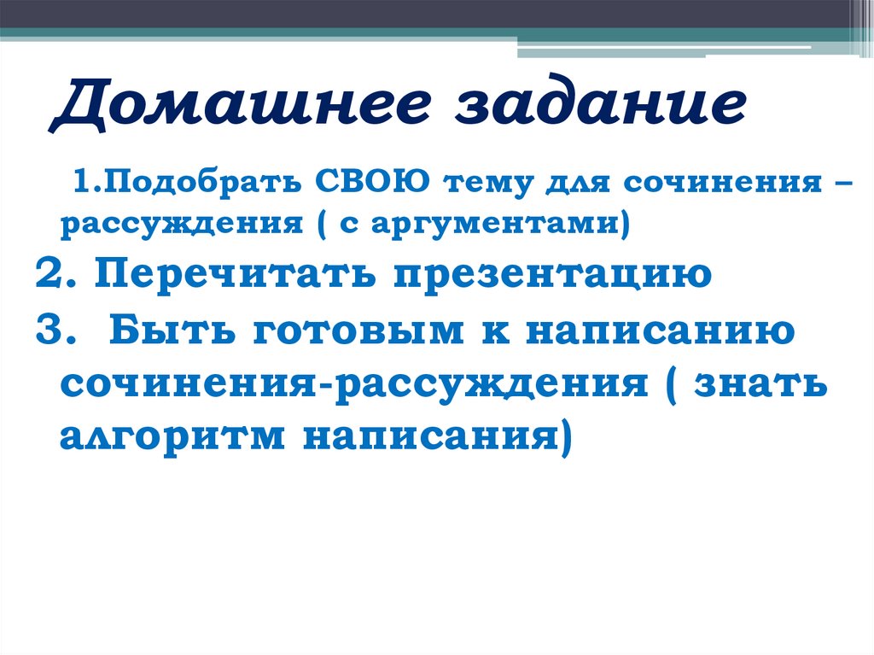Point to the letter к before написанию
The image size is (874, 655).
pyautogui.click(x=493, y=330)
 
